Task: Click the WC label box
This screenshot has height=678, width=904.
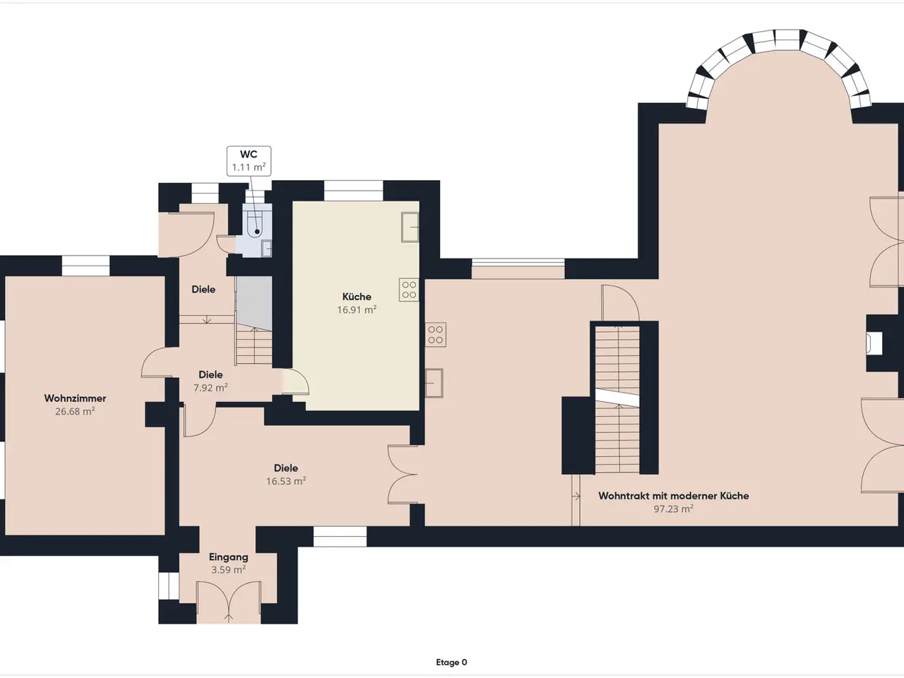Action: click(x=249, y=161)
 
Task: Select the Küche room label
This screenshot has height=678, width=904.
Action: click(x=357, y=297)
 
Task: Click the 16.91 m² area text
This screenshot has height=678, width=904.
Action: click(x=357, y=309)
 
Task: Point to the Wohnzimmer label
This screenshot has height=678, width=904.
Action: click(x=75, y=398)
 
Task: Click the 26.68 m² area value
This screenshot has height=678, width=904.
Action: click(x=75, y=411)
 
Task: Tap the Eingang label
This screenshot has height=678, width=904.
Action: click(x=229, y=557)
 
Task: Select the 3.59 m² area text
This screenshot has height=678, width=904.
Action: click(x=229, y=570)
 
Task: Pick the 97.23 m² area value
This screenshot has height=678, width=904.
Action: click(x=673, y=509)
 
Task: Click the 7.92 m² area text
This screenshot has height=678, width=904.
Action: click(x=210, y=388)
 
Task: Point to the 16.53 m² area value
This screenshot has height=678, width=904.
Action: click(x=286, y=481)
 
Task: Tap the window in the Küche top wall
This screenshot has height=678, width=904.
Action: click(x=354, y=191)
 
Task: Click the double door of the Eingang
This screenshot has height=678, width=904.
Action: click(x=229, y=602)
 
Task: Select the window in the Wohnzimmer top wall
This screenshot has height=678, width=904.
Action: click(x=85, y=266)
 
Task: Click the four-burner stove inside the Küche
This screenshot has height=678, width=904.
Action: click(x=409, y=290)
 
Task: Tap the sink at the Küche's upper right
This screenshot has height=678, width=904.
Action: click(x=410, y=227)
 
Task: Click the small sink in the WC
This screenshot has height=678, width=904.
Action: click(x=267, y=248)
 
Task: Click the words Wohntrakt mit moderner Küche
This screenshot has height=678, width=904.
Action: click(x=673, y=496)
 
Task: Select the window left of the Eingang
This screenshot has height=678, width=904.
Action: click(x=169, y=585)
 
